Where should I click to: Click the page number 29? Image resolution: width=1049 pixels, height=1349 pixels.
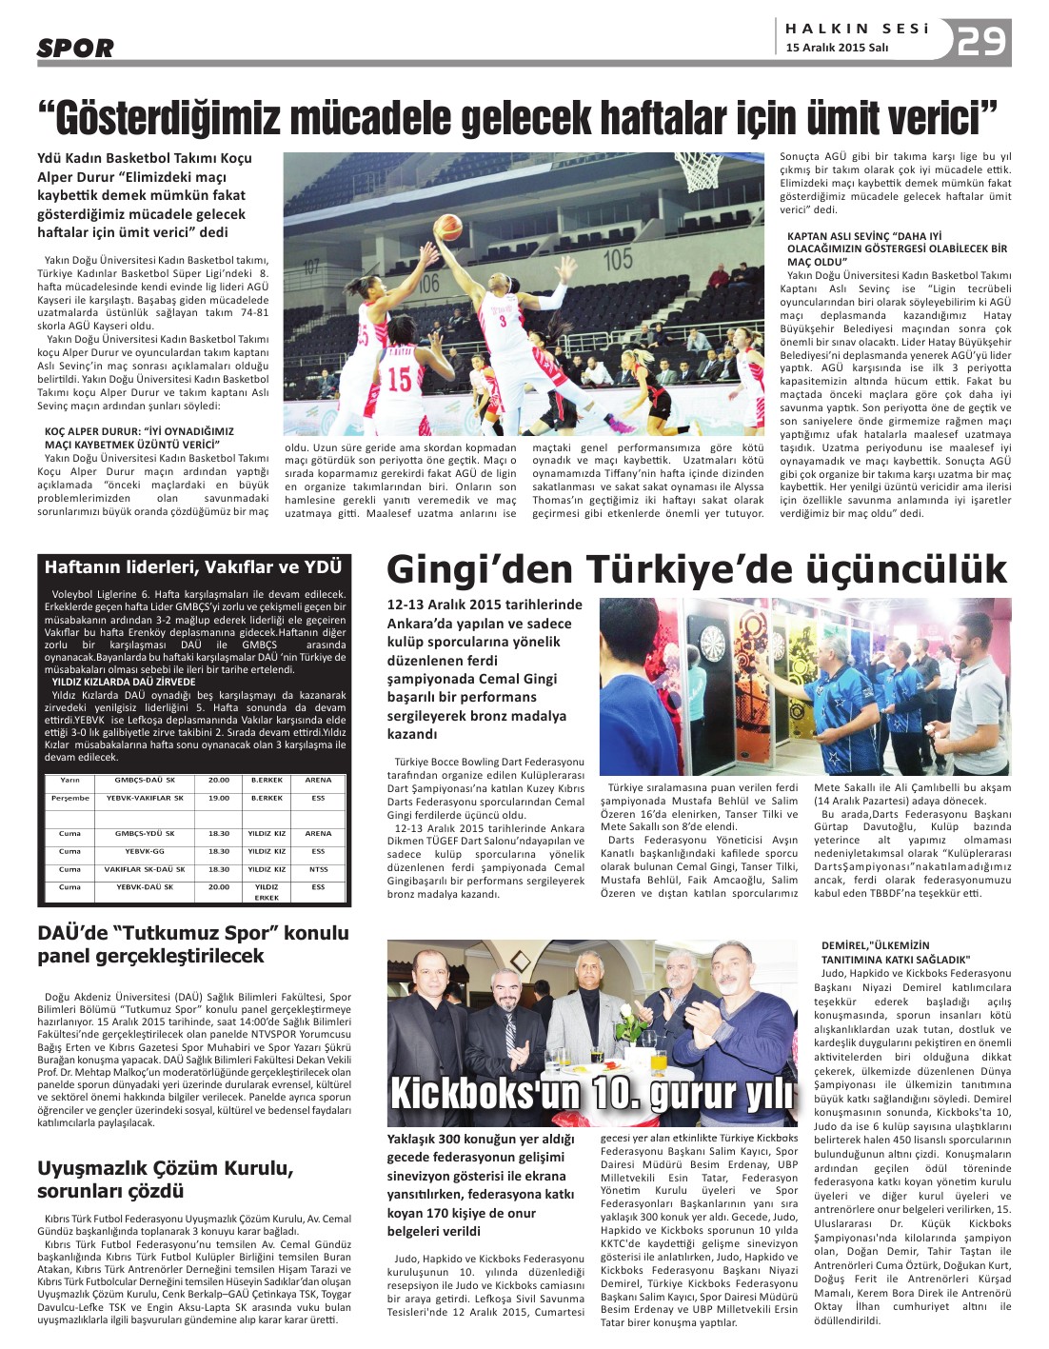coord(982,41)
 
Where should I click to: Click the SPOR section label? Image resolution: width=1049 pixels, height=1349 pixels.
coord(75,48)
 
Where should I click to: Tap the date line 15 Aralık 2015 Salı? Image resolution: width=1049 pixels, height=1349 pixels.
coord(837,49)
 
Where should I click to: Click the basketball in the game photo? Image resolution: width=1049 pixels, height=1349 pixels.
coord(446,228)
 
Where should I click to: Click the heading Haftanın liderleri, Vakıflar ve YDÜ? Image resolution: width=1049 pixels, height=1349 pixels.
coord(193,567)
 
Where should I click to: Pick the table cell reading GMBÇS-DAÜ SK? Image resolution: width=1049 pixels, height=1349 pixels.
coord(144,780)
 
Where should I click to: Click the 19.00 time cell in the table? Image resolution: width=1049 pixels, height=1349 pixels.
coord(219,798)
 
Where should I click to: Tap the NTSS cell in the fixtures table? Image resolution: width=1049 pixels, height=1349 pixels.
coord(318,869)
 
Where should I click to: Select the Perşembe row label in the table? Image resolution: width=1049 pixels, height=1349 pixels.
coord(69,798)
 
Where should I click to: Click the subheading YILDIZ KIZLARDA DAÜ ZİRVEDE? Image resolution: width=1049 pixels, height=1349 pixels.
coord(124,682)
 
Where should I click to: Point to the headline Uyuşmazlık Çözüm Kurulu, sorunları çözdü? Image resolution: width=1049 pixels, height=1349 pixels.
coord(165,1179)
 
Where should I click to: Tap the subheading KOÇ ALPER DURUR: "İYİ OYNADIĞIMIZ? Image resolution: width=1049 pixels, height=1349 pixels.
coord(139,431)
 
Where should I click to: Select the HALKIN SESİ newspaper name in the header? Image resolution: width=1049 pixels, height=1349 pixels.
coord(857,29)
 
